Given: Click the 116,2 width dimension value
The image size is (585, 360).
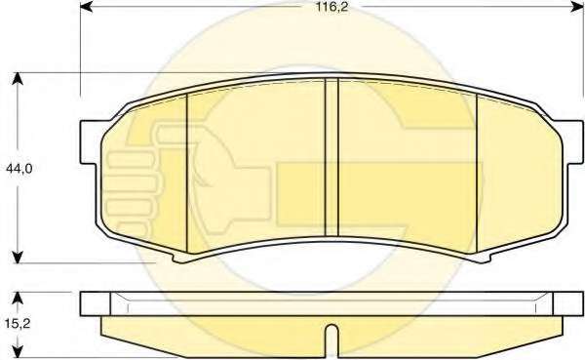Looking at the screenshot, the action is tap(332, 7).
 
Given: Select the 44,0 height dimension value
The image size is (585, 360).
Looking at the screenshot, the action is tap(19, 169).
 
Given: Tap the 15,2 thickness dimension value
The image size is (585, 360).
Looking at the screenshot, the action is tap(18, 323).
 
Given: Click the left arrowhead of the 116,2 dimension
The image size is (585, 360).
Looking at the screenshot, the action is tap(86, 7).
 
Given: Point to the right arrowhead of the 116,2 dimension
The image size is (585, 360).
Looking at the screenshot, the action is tap(577, 7).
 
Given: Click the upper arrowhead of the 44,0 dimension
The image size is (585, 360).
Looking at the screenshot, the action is tap(18, 79).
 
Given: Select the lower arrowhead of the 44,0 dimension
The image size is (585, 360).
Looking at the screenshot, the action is tap(18, 257).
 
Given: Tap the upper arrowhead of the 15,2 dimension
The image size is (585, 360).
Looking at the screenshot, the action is tap(18, 299).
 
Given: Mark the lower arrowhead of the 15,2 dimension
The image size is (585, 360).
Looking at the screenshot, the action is tap(18, 352).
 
